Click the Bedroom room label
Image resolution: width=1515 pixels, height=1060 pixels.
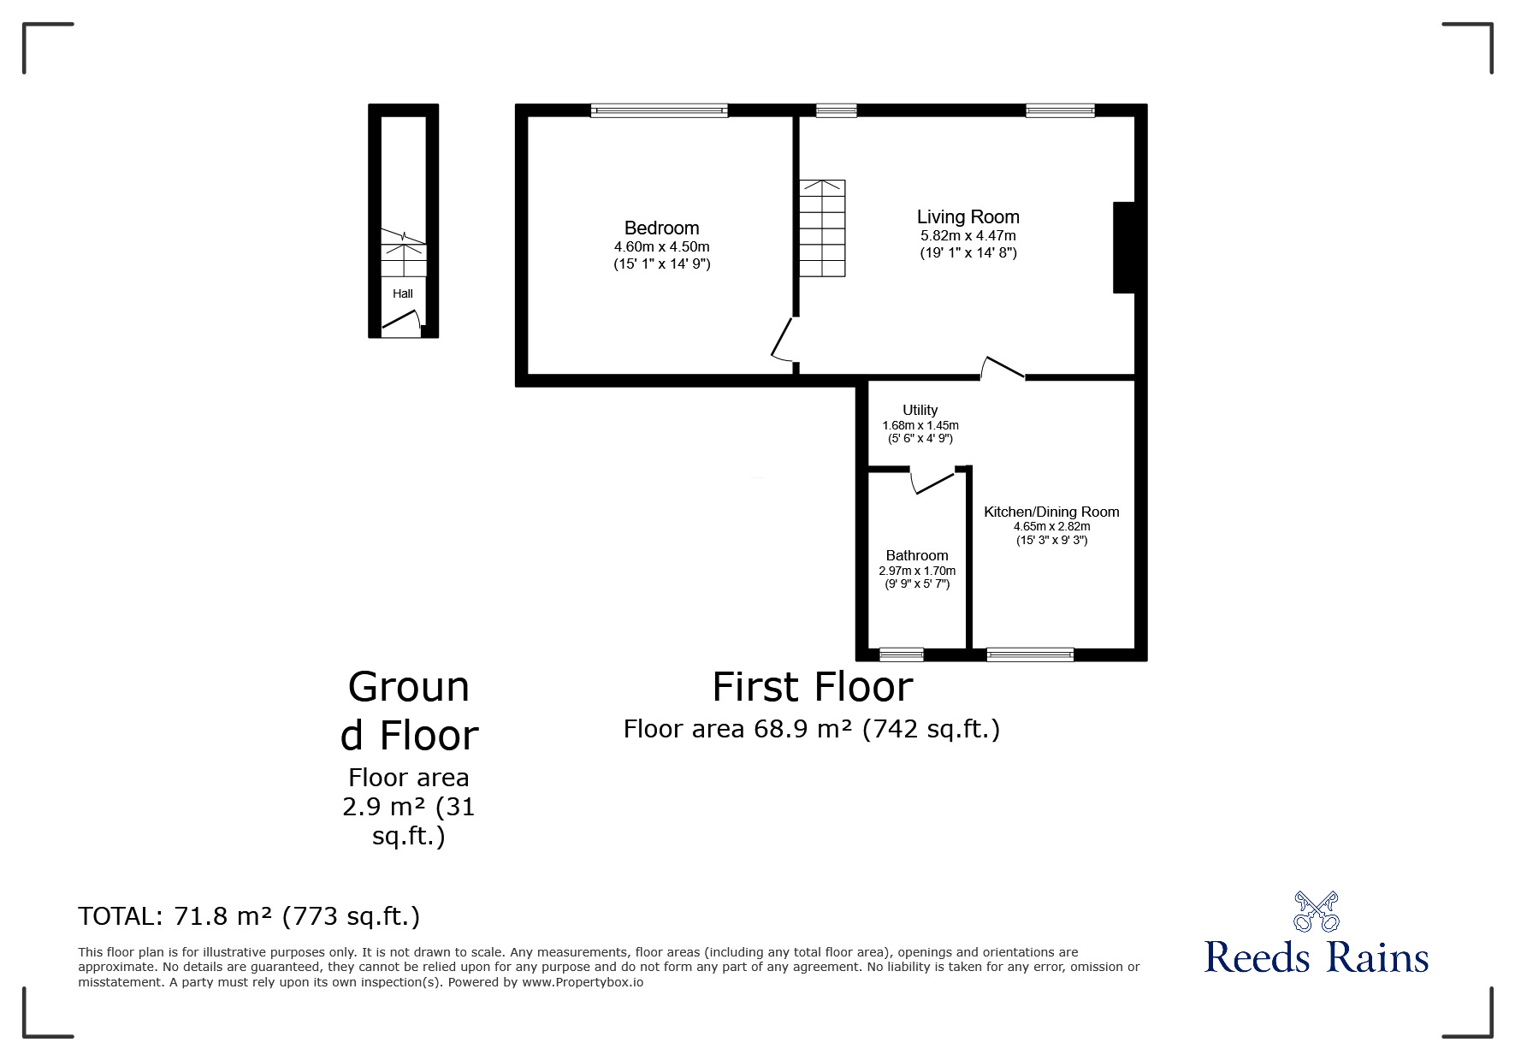point(661,228)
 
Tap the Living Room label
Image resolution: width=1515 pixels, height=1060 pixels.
point(968,217)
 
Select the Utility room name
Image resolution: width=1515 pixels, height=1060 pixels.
point(920,410)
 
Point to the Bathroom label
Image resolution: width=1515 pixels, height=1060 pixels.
point(917,555)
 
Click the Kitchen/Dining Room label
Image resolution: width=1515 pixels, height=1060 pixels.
point(1051,512)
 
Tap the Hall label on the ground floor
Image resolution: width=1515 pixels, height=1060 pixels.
point(403,293)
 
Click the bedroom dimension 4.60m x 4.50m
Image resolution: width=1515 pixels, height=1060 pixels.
point(661,246)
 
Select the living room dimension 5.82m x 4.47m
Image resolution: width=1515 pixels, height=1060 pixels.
point(968,235)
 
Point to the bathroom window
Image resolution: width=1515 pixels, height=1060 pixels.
point(902,655)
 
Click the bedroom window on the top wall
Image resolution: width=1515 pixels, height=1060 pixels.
point(659,110)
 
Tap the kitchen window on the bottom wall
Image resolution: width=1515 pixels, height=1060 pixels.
point(1030,655)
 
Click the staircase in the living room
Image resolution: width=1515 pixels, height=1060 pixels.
point(822,228)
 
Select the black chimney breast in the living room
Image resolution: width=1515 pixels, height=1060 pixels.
point(1124,247)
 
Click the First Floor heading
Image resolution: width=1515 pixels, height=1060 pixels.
point(813,687)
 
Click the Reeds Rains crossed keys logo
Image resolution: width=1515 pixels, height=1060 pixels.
point(1316,911)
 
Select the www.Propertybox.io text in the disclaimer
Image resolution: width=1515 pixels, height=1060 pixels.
point(583,982)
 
